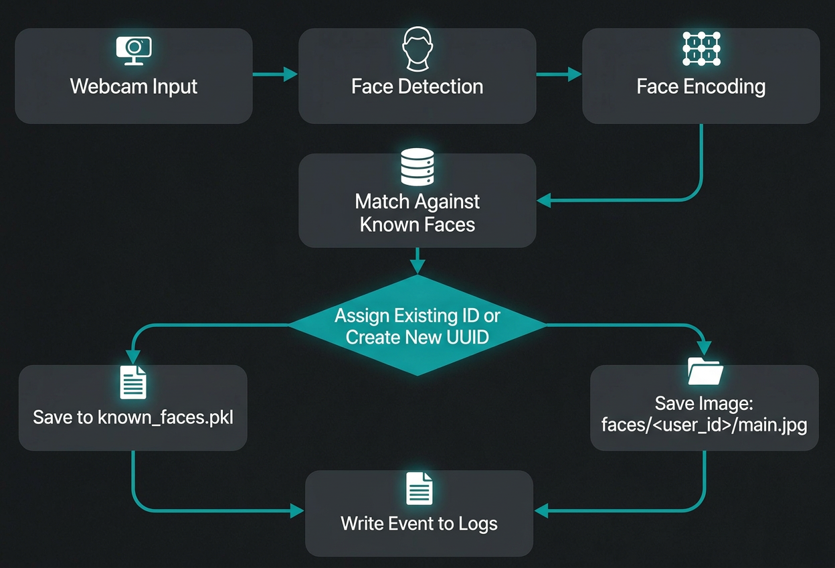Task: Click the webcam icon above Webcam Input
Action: click(134, 50)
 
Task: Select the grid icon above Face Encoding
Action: click(701, 49)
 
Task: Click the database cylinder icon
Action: click(417, 167)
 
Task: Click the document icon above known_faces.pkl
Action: click(132, 382)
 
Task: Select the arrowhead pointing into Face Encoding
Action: click(575, 74)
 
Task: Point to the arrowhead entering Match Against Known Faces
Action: click(543, 200)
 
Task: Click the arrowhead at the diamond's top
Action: click(417, 269)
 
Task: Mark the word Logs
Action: click(478, 523)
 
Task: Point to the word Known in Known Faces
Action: click(385, 224)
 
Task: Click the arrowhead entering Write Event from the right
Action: click(541, 511)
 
